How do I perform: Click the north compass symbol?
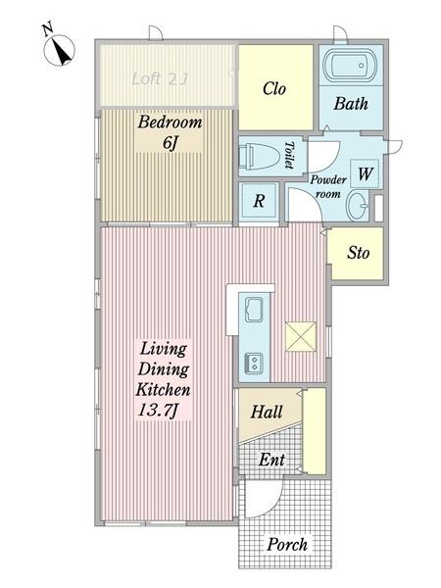click(x=59, y=48)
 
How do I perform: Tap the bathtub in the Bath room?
click(x=350, y=66)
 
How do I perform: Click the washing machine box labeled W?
click(x=365, y=173)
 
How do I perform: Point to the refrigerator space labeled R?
click(x=259, y=201)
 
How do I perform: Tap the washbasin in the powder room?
click(x=358, y=206)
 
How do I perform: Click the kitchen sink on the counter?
click(x=254, y=310)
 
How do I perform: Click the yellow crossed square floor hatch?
click(x=301, y=336)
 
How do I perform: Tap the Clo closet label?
click(x=274, y=89)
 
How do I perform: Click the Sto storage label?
click(x=358, y=253)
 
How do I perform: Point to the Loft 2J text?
click(x=160, y=78)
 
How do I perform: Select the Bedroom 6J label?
click(x=170, y=132)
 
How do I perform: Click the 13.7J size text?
click(x=158, y=411)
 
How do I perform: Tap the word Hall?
click(x=267, y=412)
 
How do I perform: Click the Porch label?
click(x=287, y=545)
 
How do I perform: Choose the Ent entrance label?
click(x=271, y=460)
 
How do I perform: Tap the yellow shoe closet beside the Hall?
click(x=315, y=431)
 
